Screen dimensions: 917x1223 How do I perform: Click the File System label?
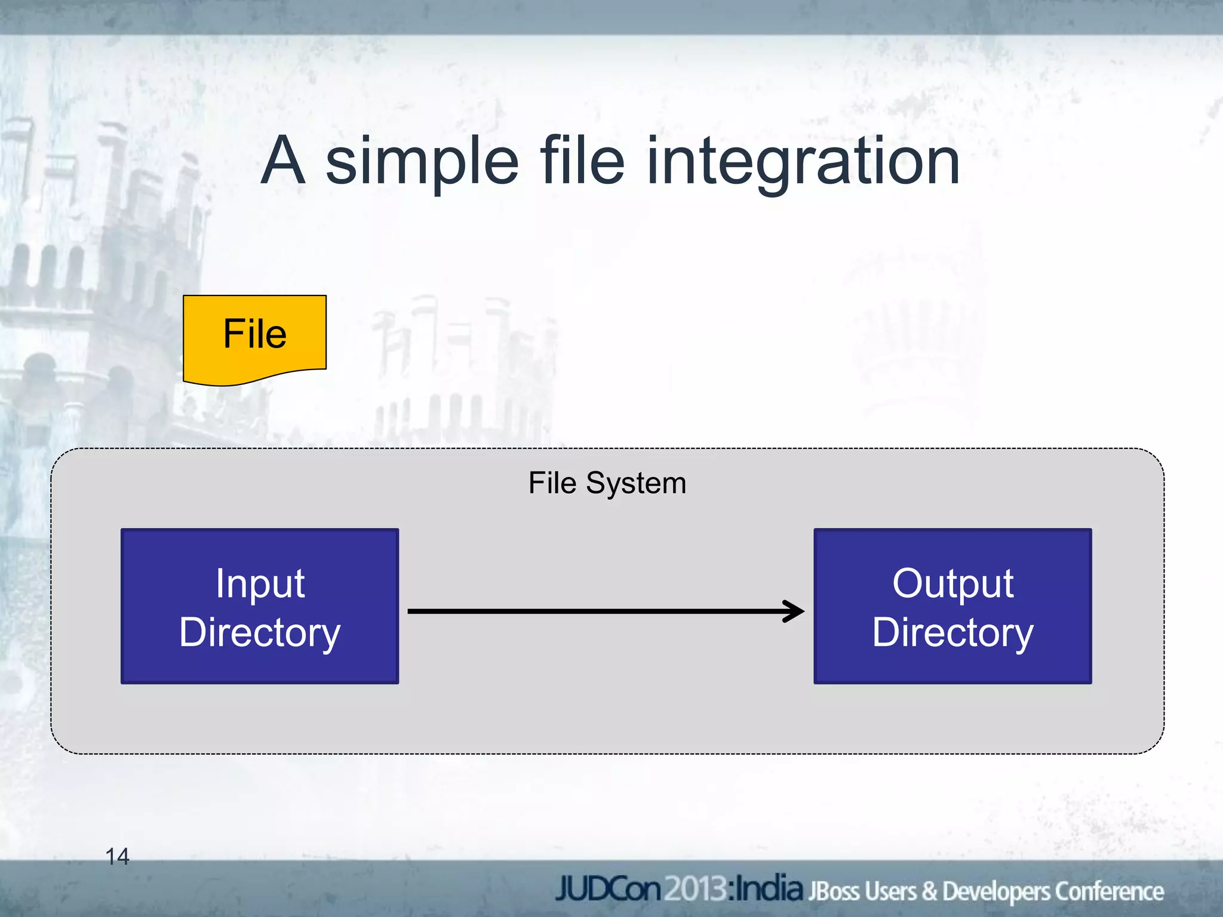pyautogui.click(x=607, y=483)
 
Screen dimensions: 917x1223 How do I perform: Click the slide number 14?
pyautogui.click(x=117, y=857)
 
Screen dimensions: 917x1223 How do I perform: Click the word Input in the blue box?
pyautogui.click(x=260, y=584)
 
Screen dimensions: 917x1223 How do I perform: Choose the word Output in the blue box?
pyautogui.click(x=952, y=583)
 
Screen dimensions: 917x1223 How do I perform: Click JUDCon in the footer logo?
pyautogui.click(x=608, y=889)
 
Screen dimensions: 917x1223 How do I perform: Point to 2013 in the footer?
pyautogui.click(x=696, y=889)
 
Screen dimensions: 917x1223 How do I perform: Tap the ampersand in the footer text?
pyautogui.click(x=929, y=891)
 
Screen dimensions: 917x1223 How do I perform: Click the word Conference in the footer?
pyautogui.click(x=1108, y=891)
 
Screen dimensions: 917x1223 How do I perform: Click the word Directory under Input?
pyautogui.click(x=260, y=633)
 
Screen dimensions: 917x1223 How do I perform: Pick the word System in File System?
pyautogui.click(x=636, y=484)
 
